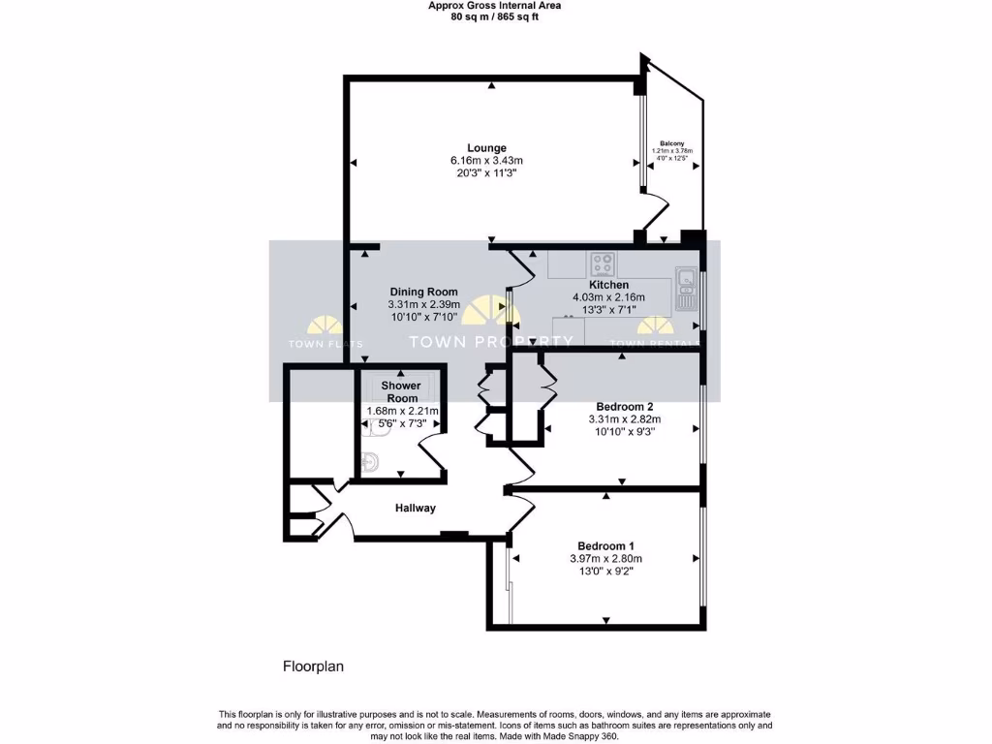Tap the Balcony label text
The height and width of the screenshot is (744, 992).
672,143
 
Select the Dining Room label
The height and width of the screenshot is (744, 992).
423,292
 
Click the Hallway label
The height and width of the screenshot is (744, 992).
415,508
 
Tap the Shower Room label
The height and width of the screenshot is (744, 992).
401,392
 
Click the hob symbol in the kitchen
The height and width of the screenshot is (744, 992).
604,263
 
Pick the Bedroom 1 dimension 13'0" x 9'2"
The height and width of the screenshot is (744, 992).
605,573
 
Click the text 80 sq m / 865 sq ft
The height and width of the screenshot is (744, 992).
495,16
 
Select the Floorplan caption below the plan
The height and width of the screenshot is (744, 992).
313,666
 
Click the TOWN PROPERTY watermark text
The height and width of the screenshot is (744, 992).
491,341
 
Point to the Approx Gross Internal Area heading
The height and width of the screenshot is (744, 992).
495,5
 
